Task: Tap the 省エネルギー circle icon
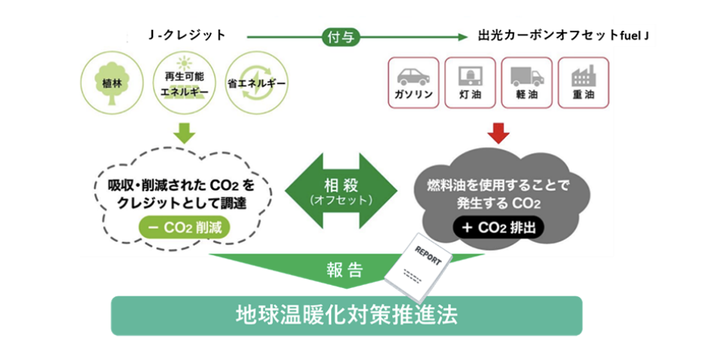[x=256, y=81]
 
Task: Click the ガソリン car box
[x=412, y=82]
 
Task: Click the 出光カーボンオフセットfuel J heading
[x=562, y=36]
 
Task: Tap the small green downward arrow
[x=184, y=133]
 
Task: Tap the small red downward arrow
[x=498, y=133]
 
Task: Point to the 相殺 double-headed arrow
[x=341, y=190]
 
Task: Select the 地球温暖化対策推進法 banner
[x=346, y=315]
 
